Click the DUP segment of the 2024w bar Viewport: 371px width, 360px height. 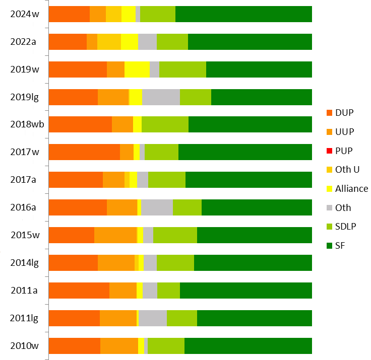click(x=69, y=14)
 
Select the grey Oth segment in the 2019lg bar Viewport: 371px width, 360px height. click(x=161, y=97)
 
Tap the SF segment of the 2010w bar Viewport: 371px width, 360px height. click(x=248, y=345)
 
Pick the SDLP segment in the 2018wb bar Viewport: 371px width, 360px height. click(x=165, y=124)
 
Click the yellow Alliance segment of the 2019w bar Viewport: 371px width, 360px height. click(x=137, y=69)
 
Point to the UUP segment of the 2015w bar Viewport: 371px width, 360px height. click(x=115, y=235)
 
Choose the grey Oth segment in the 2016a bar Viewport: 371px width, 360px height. click(x=157, y=207)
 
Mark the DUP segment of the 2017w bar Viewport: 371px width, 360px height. click(x=84, y=152)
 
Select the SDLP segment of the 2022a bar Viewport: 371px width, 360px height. click(x=172, y=42)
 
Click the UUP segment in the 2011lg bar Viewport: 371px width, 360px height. click(x=118, y=318)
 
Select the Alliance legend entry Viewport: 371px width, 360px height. click(x=351, y=189)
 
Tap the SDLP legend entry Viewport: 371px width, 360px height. click(x=345, y=227)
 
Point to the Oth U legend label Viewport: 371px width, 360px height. click(x=347, y=170)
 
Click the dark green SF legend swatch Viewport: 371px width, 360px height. click(x=330, y=246)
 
